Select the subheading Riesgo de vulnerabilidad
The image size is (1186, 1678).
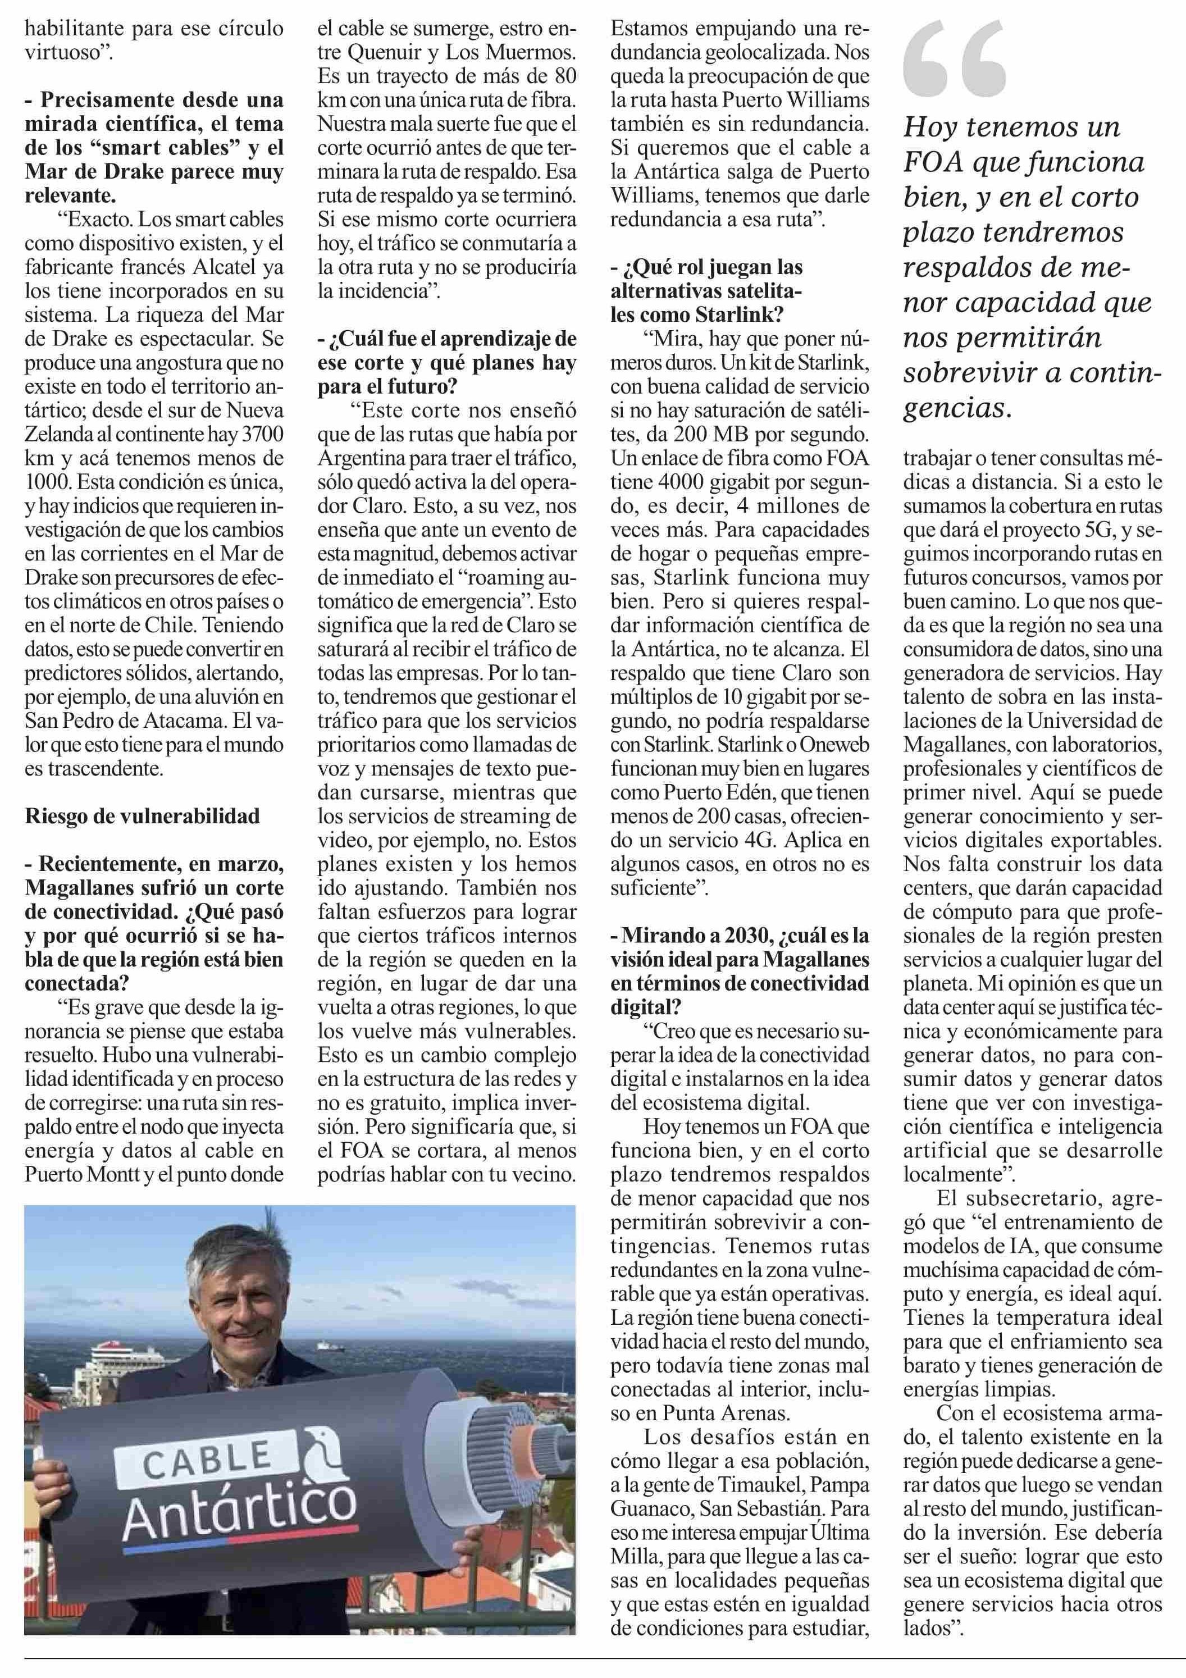(x=143, y=815)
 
